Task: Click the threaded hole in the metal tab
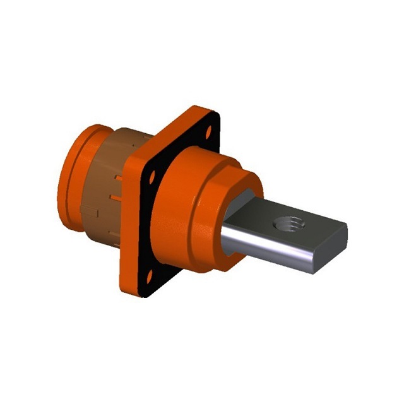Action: (285, 223)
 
